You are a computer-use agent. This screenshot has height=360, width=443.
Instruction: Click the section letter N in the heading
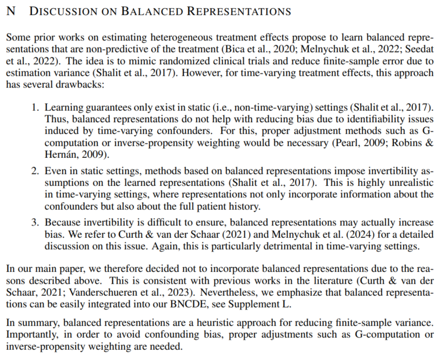point(10,11)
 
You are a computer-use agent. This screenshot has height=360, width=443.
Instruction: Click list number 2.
point(34,171)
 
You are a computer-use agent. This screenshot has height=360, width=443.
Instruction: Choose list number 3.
point(34,223)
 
